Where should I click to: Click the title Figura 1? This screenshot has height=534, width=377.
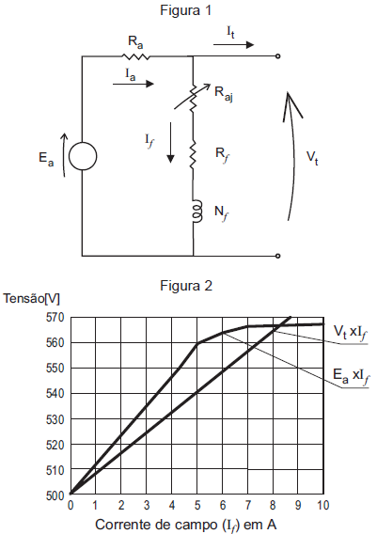[x=185, y=10]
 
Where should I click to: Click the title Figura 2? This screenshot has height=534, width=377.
[x=186, y=286]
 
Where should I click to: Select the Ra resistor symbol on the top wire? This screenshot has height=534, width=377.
[x=135, y=56]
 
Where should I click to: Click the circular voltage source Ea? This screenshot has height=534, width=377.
[x=83, y=156]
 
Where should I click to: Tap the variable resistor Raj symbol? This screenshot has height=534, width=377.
[x=193, y=98]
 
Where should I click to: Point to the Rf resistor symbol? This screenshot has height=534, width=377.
[x=193, y=155]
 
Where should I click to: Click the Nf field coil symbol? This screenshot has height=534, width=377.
[x=197, y=212]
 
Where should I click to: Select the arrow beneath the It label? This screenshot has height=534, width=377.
[x=233, y=44]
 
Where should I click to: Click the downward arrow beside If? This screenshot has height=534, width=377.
[x=170, y=143]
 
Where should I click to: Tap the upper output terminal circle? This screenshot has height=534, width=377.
[x=278, y=56]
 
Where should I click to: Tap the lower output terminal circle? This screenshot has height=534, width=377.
[x=278, y=256]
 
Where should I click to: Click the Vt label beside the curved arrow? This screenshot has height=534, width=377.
[x=312, y=157]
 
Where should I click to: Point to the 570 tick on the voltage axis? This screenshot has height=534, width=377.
[x=55, y=318]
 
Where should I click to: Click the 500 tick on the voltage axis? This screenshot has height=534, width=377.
[x=55, y=495]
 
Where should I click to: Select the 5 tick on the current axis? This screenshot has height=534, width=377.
[x=197, y=506]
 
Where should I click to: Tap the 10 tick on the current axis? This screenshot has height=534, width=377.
[x=322, y=506]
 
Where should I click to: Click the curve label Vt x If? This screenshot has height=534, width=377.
[x=350, y=332]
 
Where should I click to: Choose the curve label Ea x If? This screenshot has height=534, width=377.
[x=351, y=376]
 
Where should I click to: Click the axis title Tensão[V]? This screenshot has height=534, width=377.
[x=31, y=299]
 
